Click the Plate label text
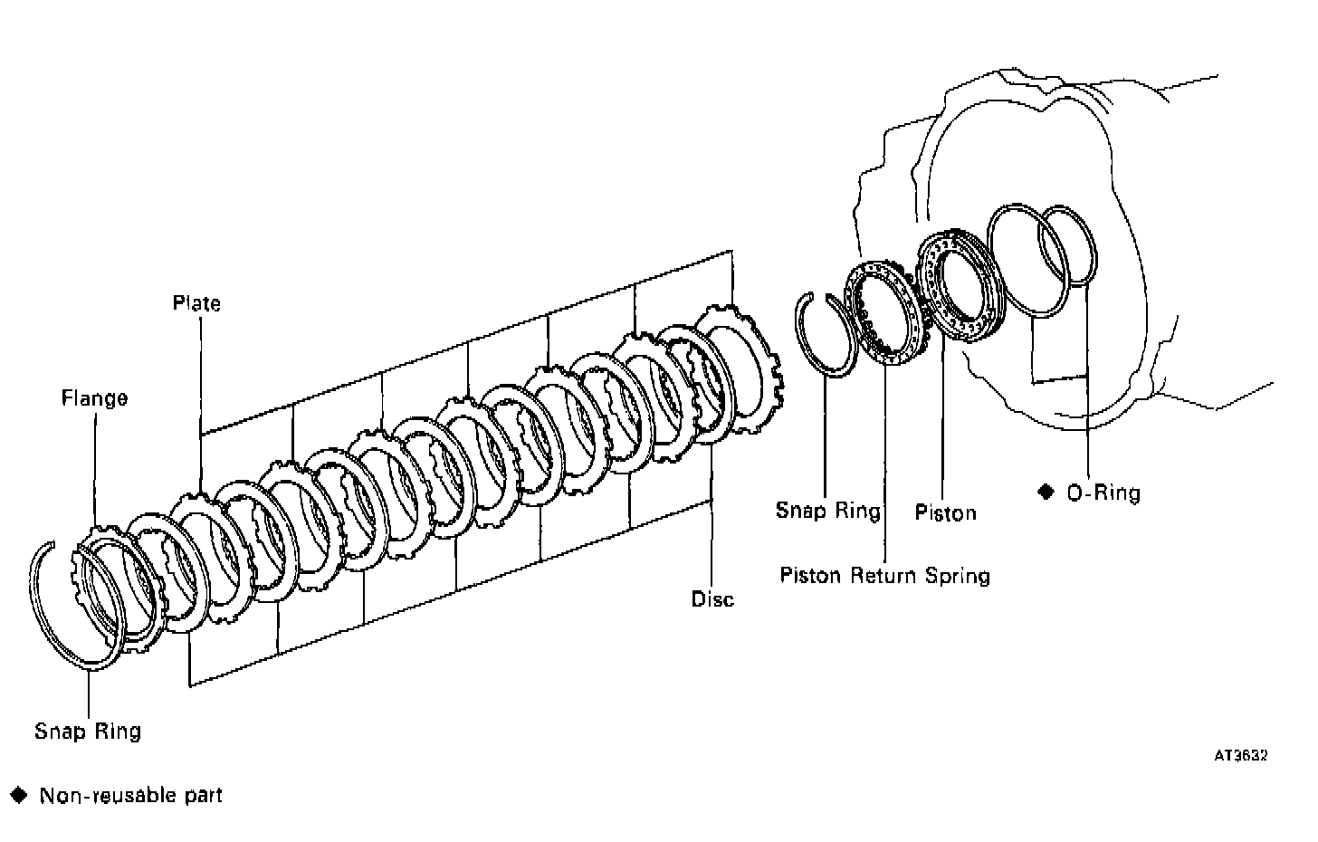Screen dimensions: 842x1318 click(x=196, y=303)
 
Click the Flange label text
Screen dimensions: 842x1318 click(x=94, y=398)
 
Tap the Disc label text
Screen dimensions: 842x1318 click(x=712, y=599)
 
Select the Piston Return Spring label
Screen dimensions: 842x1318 click(x=884, y=576)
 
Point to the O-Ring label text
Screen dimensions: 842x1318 click(x=1103, y=493)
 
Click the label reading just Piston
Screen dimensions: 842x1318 click(x=945, y=512)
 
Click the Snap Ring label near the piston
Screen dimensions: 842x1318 click(x=827, y=511)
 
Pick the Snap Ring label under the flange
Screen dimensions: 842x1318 click(x=88, y=731)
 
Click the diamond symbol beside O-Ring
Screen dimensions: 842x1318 click(x=1046, y=491)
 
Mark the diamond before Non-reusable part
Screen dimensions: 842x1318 click(x=20, y=796)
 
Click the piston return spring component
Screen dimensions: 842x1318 click(x=883, y=312)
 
